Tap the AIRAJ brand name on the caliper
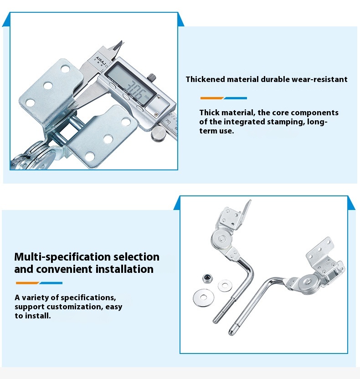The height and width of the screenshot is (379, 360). pyautogui.click(x=101, y=61)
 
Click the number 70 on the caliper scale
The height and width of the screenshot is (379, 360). pyautogui.click(x=169, y=122)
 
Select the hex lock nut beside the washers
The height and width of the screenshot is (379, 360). pyautogui.click(x=208, y=278)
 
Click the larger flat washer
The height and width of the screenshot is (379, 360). pyautogui.click(x=203, y=297)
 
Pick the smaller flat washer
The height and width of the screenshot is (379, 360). pyautogui.click(x=225, y=286)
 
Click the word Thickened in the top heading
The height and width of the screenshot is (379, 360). pyautogui.click(x=205, y=79)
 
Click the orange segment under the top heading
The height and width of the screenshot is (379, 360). pyautogui.click(x=212, y=98)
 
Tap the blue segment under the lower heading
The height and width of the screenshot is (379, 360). pyautogui.click(x=51, y=283)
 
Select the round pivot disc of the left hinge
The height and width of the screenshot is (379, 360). pyautogui.click(x=222, y=239)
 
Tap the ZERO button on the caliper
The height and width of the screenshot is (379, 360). pyautogui.click(x=140, y=108)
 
